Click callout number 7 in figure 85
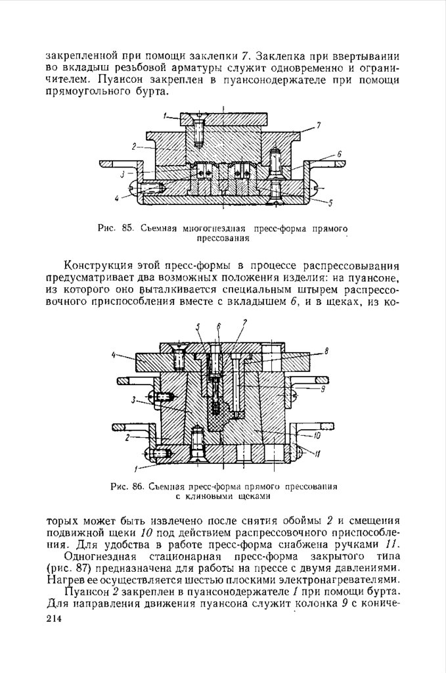pos(319,125)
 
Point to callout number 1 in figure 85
pos(164,116)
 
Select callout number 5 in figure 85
pos(331,203)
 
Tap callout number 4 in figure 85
pos(116,197)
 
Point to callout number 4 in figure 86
pos(113,356)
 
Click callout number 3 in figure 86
pos(133,399)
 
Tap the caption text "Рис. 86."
pos(127,487)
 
